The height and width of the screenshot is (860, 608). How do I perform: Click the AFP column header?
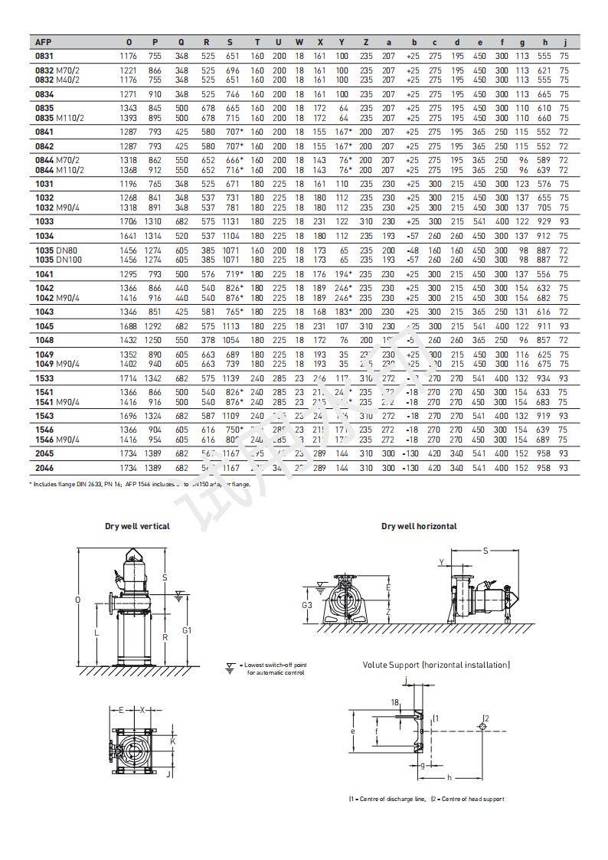pos(43,42)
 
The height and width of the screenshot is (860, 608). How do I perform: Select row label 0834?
pos(44,93)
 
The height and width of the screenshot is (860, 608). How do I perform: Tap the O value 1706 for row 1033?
pos(129,221)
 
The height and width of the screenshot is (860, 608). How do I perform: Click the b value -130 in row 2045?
pos(412,453)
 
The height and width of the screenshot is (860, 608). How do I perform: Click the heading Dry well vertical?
pos(137,526)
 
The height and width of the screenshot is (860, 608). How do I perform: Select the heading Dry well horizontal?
pos(419,526)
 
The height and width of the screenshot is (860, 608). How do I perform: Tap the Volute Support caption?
pos(436,665)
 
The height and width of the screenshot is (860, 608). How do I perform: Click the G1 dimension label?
pos(187,629)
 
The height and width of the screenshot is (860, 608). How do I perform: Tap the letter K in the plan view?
pos(172,741)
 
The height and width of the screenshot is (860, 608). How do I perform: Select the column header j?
pos(564,42)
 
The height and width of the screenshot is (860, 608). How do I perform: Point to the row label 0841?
pos(44,132)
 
